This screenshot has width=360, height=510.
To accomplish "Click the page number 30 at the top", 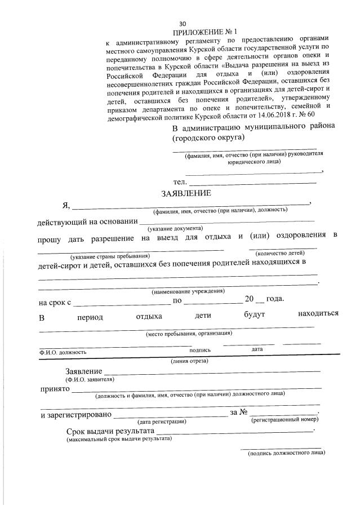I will [x=182, y=24].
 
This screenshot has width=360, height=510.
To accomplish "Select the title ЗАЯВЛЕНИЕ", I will [x=186, y=193].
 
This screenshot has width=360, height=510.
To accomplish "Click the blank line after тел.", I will [x=253, y=183].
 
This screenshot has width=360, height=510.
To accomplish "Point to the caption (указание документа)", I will [x=175, y=229].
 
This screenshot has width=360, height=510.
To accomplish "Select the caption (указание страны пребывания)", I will [x=110, y=256].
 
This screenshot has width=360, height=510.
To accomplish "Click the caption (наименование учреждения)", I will [x=188, y=291].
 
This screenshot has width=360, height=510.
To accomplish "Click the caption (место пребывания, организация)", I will [x=189, y=333].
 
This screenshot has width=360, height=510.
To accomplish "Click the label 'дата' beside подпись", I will [x=257, y=349].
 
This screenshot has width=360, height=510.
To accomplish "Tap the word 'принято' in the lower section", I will [x=54, y=389].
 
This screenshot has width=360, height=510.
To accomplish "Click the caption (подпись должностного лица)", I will [x=286, y=453].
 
